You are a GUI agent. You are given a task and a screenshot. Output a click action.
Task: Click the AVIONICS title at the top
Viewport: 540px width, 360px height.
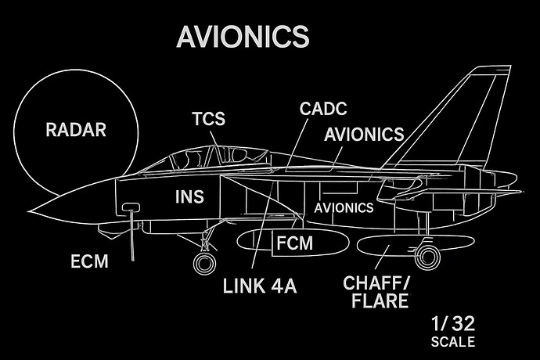click(x=242, y=36)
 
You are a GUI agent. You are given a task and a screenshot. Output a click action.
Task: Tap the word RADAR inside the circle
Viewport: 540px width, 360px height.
click(x=75, y=130)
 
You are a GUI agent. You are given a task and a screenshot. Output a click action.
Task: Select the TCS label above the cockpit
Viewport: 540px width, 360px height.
click(x=209, y=120)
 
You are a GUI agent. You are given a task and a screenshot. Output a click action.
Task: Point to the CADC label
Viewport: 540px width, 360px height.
click(x=323, y=108)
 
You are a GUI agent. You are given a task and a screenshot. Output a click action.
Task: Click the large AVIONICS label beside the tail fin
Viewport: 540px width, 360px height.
click(x=364, y=134)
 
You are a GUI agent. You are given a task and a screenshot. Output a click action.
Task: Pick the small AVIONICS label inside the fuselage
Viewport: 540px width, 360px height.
click(x=344, y=208)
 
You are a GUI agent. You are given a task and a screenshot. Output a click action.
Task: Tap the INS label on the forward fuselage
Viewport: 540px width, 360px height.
click(x=188, y=197)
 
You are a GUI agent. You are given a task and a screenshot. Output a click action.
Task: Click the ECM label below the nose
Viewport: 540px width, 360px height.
click(x=88, y=261)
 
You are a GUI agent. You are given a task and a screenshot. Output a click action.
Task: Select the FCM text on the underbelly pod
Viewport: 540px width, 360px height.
click(x=294, y=244)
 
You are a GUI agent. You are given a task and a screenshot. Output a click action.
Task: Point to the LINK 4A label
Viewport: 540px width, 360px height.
click(x=259, y=286)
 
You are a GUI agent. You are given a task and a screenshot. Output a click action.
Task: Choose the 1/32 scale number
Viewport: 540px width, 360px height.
click(x=452, y=324)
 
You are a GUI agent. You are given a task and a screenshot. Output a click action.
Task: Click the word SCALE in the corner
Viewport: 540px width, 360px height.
click(x=452, y=342)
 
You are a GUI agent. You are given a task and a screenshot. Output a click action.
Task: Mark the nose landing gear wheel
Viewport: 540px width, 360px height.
click(x=205, y=264)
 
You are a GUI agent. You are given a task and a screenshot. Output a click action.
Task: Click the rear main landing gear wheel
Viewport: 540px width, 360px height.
click(x=427, y=255)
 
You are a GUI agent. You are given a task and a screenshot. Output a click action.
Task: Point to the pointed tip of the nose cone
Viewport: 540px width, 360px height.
click(x=29, y=211)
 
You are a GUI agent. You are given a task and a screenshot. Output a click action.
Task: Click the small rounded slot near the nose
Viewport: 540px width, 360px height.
click(x=131, y=207)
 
